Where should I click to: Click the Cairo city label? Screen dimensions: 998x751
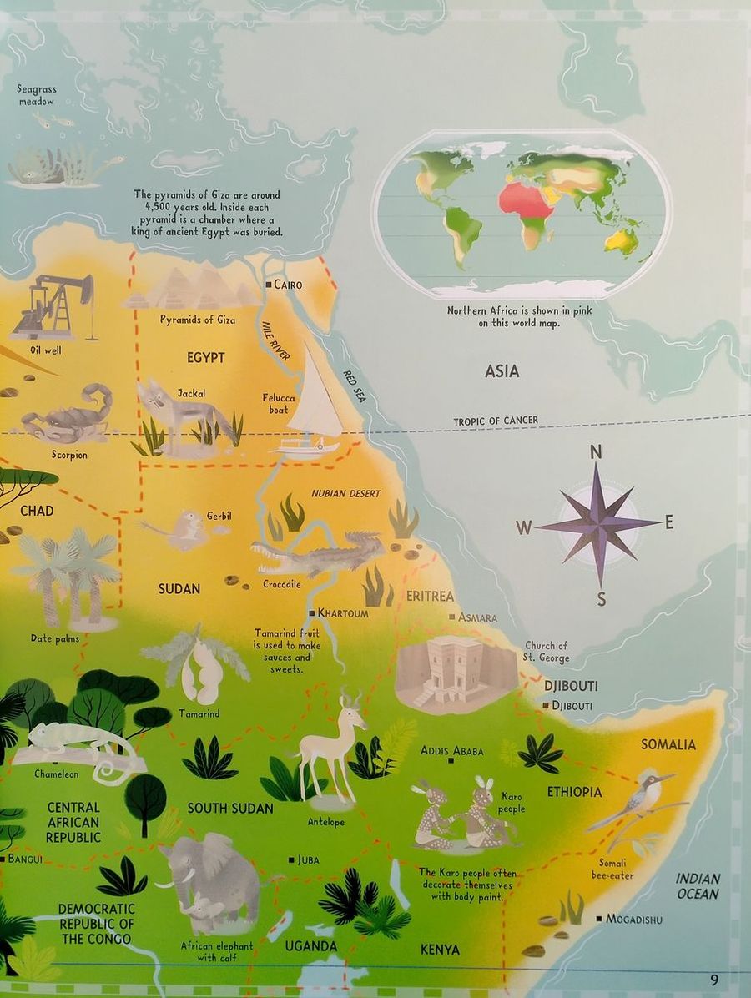(x=288, y=285)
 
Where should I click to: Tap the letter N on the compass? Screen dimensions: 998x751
(x=596, y=452)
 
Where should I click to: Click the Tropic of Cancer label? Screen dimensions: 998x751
(x=496, y=421)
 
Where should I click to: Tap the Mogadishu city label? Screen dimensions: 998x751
(x=634, y=920)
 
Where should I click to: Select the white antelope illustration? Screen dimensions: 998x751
(x=332, y=747)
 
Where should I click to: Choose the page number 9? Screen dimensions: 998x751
(x=714, y=980)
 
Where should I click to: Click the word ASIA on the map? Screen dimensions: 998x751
(x=502, y=370)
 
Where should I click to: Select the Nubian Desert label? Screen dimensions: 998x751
(x=345, y=493)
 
